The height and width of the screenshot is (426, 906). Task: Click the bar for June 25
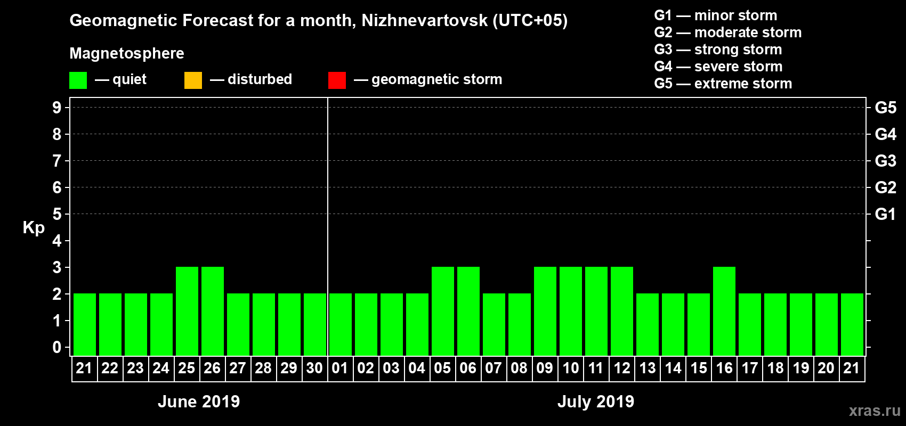coord(187,311)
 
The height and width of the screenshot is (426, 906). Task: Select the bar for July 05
coord(443,311)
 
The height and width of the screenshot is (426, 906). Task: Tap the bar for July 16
coord(724,311)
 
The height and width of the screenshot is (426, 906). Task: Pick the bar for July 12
coord(622,311)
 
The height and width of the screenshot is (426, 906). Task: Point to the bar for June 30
coord(315,324)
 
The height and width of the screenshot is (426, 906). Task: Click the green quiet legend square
coord(78,80)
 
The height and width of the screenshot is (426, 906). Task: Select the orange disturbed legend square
coord(193,80)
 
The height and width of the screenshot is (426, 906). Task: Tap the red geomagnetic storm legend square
coord(337,80)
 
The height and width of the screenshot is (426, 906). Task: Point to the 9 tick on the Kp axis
coord(57,108)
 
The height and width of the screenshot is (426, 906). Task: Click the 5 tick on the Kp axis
coord(57,214)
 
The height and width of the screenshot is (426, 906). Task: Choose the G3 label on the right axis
coord(885,161)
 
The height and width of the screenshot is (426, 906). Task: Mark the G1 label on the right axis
coord(885,214)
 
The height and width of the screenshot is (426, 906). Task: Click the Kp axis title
coord(34,228)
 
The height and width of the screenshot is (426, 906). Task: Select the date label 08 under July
coord(519,368)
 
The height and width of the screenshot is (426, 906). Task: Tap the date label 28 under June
coord(263,368)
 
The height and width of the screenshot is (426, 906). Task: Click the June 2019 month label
coord(199,402)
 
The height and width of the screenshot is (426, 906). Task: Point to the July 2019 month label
coord(596,402)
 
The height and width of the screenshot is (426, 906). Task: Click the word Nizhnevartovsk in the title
coord(424,21)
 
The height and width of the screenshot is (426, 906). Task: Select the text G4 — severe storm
coord(718,67)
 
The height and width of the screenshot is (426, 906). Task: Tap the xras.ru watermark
coord(875,411)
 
